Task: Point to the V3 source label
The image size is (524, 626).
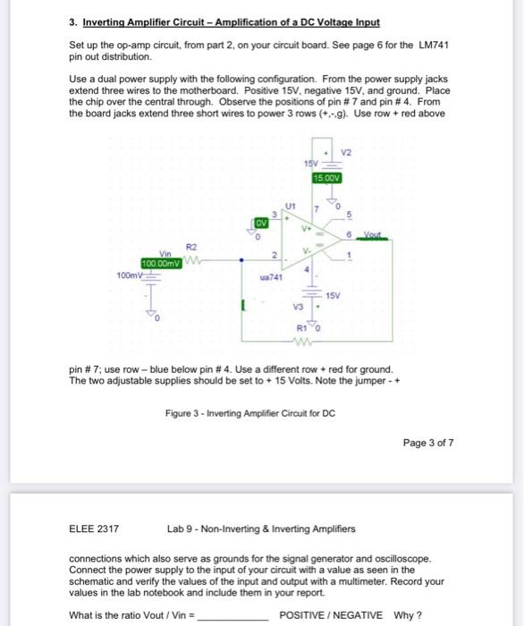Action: click(x=299, y=308)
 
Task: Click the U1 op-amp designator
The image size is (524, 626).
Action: click(x=288, y=204)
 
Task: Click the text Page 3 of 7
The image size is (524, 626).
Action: click(x=430, y=442)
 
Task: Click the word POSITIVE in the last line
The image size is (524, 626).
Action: click(x=306, y=615)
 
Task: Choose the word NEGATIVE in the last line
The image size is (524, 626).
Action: click(x=359, y=615)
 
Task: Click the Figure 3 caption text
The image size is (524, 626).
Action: click(x=248, y=412)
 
